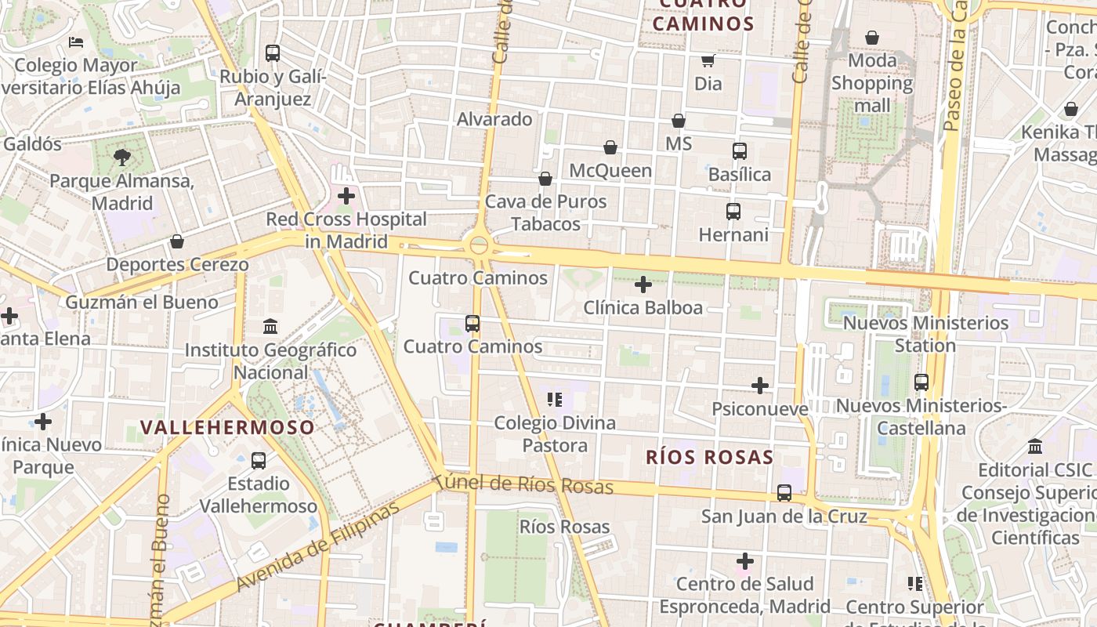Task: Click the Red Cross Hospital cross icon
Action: (x=346, y=196)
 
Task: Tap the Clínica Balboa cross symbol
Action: (x=643, y=285)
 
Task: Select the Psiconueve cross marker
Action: (x=760, y=386)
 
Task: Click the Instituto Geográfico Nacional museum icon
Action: (x=270, y=326)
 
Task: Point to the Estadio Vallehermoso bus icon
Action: (x=259, y=461)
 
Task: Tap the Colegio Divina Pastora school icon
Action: (x=556, y=400)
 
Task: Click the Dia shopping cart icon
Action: (x=708, y=60)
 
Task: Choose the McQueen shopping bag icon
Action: (x=610, y=147)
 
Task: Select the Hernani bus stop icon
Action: (x=733, y=212)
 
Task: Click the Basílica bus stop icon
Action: (x=740, y=151)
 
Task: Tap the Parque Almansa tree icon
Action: (x=122, y=158)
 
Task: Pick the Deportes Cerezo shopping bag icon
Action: (x=177, y=241)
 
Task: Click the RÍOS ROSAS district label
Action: (x=709, y=457)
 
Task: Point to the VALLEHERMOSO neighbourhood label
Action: (x=227, y=427)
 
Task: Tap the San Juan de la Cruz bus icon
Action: (x=784, y=493)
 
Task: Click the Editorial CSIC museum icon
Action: (x=1035, y=447)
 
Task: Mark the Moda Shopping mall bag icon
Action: (x=872, y=38)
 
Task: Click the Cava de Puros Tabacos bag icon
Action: (x=545, y=179)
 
